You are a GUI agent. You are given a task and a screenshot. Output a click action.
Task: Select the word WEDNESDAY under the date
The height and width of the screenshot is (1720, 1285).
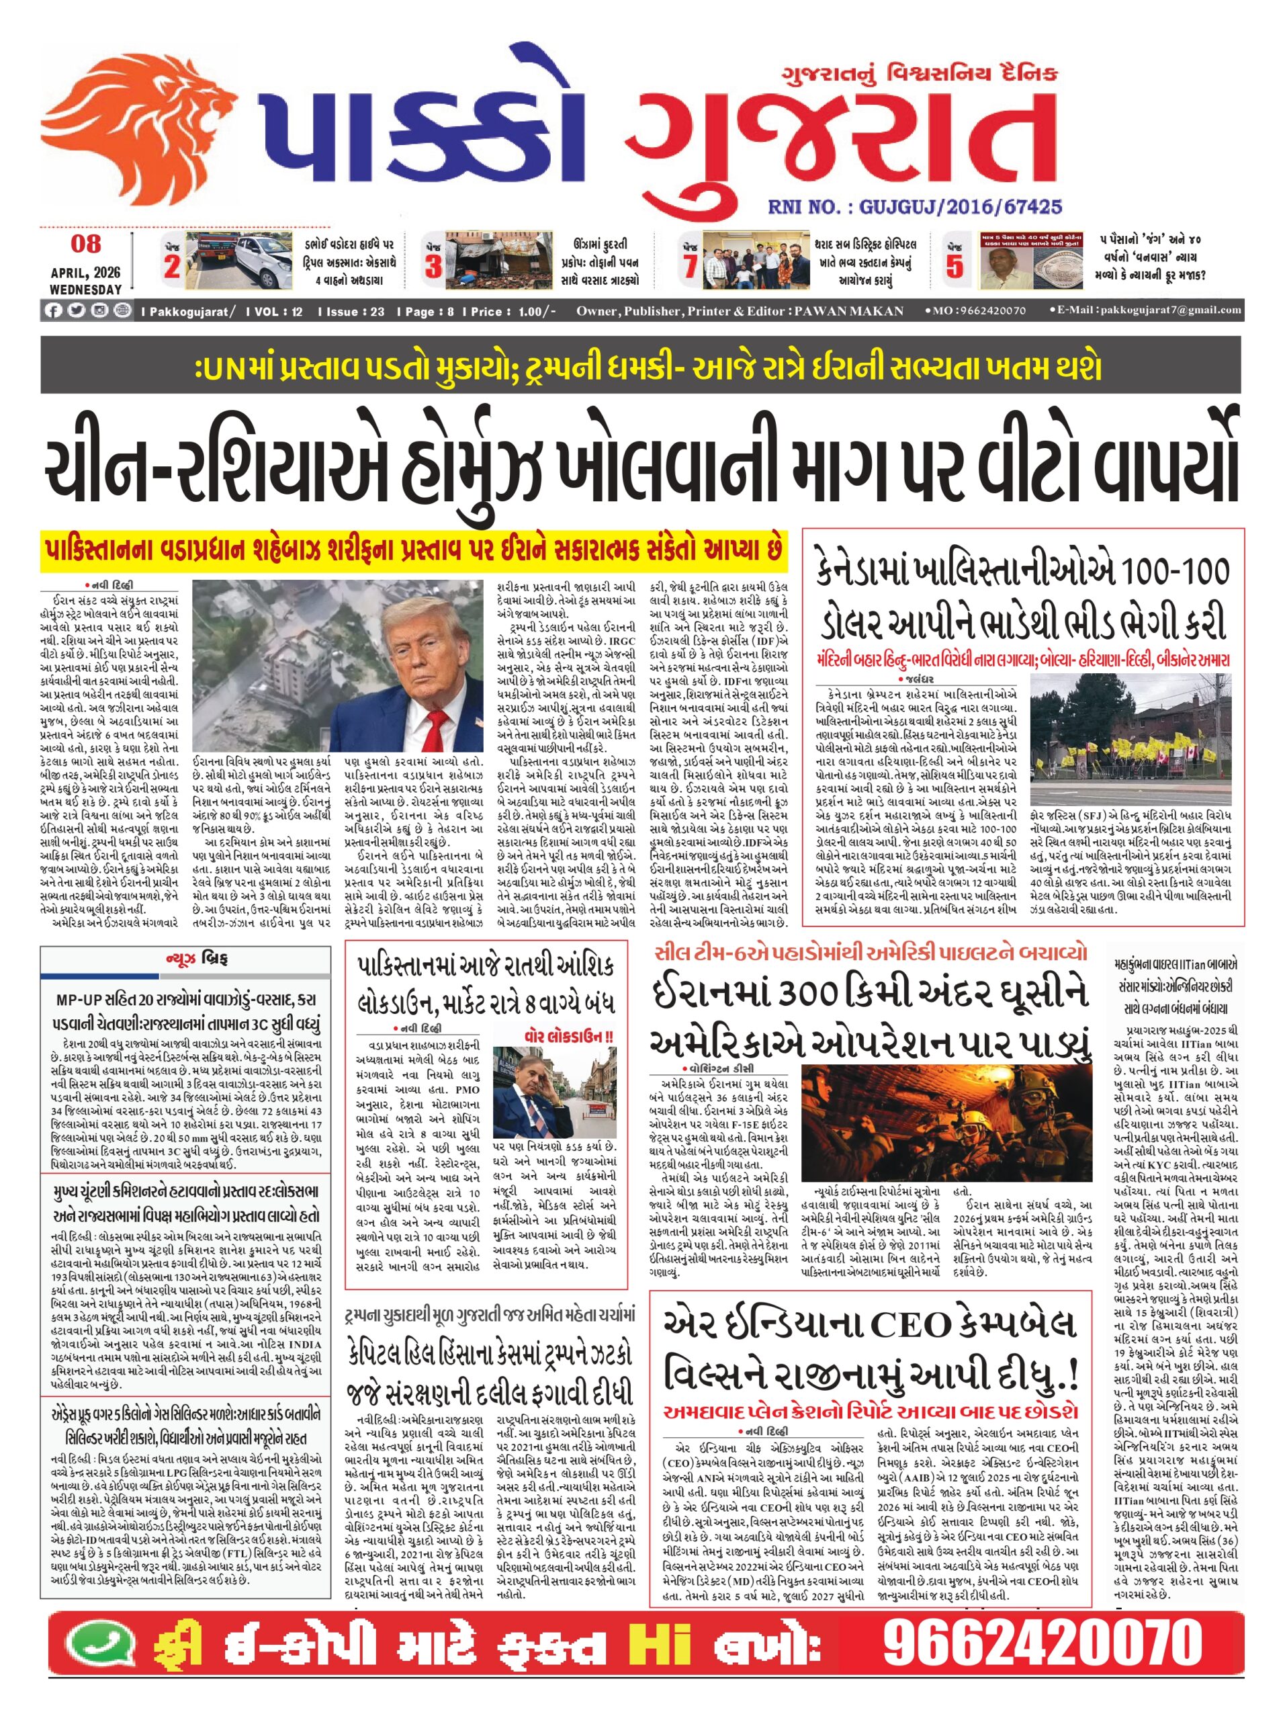pyautogui.click(x=85, y=290)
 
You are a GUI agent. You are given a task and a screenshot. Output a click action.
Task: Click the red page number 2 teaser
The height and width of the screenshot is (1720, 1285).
pyautogui.click(x=173, y=267)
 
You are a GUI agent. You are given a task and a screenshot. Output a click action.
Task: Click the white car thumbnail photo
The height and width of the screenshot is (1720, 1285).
pyautogui.click(x=242, y=261)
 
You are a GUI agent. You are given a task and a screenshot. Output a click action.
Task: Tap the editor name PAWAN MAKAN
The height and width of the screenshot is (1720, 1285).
pyautogui.click(x=848, y=311)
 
